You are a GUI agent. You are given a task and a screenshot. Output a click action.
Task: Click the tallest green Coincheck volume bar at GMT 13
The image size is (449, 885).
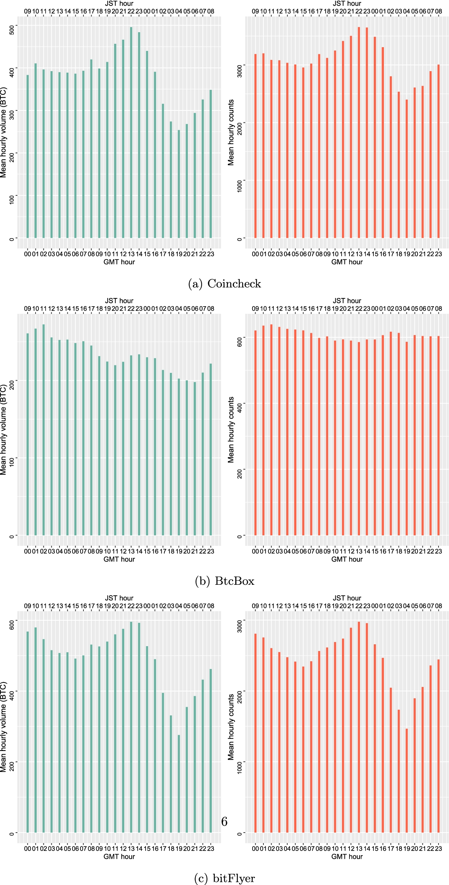tap(131, 131)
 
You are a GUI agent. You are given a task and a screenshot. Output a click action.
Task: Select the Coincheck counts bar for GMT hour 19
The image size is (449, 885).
tap(407, 168)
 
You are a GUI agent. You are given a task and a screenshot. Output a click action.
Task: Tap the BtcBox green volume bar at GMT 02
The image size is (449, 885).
tap(43, 431)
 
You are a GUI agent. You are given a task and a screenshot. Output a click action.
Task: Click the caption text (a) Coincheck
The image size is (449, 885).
tap(224, 283)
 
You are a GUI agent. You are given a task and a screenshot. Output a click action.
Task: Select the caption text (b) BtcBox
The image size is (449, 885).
tap(224, 581)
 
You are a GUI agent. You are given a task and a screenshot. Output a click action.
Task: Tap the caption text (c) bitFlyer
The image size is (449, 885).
tap(224, 878)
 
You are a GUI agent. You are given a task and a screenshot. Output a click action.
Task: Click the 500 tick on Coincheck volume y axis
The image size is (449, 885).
tap(12, 30)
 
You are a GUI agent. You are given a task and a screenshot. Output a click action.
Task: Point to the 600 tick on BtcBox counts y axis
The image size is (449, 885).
tap(239, 342)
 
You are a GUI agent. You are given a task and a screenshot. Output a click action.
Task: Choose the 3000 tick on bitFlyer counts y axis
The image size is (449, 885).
tap(239, 626)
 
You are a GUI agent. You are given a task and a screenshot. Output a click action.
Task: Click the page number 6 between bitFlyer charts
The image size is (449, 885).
tap(224, 822)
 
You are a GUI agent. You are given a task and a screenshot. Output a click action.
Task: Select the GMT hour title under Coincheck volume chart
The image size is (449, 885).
tap(119, 262)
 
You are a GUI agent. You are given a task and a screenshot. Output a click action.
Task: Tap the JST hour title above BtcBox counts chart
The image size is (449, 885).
tap(347, 301)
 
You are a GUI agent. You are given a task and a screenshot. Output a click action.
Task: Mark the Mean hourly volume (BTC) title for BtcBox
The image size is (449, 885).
tap(4, 430)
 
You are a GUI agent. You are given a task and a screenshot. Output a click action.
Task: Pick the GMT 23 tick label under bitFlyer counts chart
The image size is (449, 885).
tap(439, 848)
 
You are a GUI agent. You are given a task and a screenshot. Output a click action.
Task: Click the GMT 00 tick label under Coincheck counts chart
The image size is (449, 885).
tap(255, 254)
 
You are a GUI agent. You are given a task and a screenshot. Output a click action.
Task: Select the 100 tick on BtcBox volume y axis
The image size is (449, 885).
tap(12, 461)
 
